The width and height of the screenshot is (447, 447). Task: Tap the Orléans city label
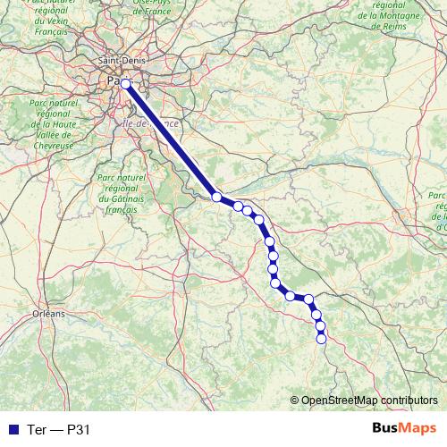pos(48,314)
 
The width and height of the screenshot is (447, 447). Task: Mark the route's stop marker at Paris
pos(126,84)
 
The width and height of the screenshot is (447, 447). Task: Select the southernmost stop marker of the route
pos(322,337)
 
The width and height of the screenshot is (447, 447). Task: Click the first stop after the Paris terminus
pos(217,197)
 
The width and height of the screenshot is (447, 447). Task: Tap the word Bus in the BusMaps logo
pos(386,428)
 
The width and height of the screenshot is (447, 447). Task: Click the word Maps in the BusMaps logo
pos(418,428)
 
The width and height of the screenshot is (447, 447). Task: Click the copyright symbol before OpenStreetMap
pos(294,400)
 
